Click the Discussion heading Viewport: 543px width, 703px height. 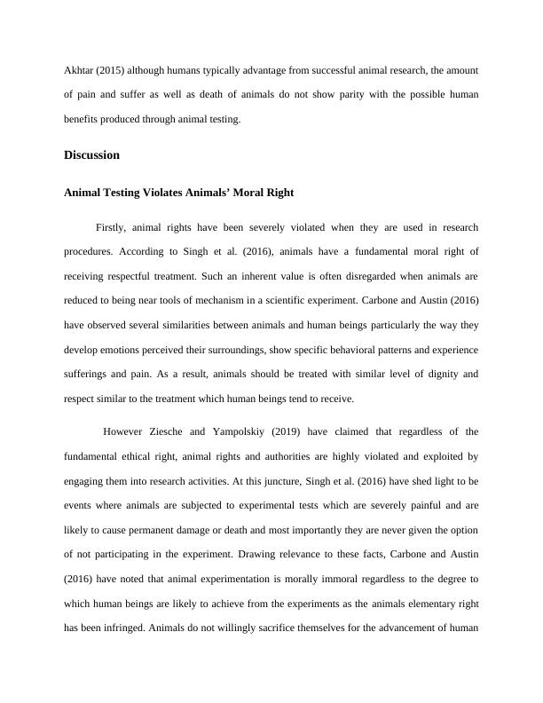(91, 155)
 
